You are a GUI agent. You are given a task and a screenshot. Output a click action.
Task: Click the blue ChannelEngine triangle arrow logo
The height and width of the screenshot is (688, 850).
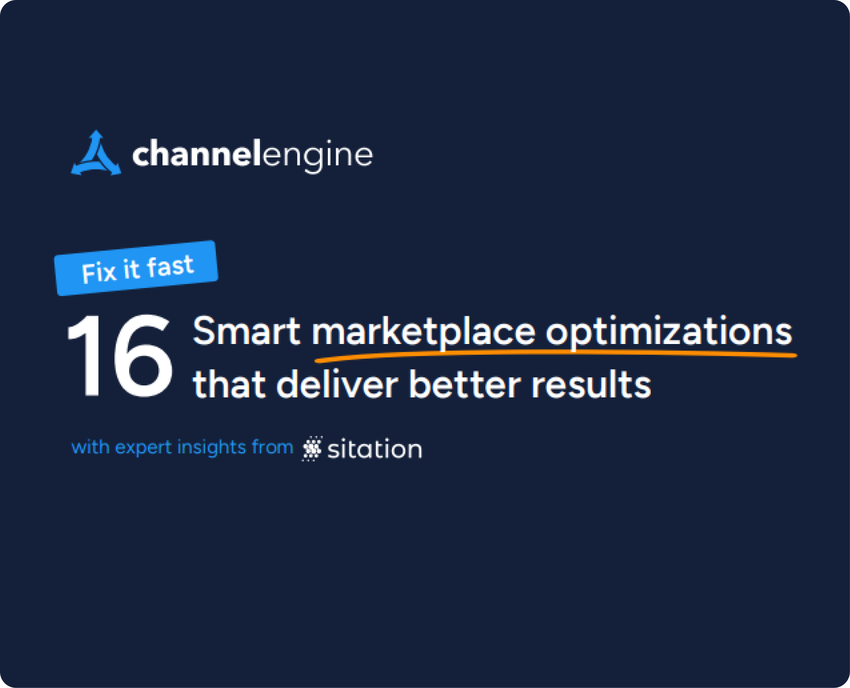pyautogui.click(x=96, y=155)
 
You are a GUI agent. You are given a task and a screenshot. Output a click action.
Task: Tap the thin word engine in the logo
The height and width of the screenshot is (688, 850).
pyautogui.click(x=317, y=156)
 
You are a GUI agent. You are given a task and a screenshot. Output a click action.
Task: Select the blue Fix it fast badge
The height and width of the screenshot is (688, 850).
pyautogui.click(x=136, y=268)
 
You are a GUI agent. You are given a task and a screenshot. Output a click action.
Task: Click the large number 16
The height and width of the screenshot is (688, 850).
pyautogui.click(x=120, y=356)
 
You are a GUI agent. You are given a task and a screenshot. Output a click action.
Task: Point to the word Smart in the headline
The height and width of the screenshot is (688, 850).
pyautogui.click(x=246, y=332)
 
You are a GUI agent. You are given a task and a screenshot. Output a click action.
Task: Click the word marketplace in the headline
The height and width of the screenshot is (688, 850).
pyautogui.click(x=424, y=333)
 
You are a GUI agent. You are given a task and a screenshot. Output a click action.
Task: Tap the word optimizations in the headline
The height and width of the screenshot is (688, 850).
pyautogui.click(x=668, y=333)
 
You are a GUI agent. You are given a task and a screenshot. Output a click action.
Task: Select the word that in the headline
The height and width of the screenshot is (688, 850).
pyautogui.click(x=229, y=385)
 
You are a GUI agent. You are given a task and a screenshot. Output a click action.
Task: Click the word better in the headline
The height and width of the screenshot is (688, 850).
pyautogui.click(x=465, y=385)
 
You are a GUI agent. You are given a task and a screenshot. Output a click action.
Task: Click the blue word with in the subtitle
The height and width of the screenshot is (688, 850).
pyautogui.click(x=90, y=447)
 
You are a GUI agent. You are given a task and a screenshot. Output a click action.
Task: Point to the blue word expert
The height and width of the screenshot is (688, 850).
pyautogui.click(x=143, y=448)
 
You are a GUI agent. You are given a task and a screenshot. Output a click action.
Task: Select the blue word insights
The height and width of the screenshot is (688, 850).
pyautogui.click(x=211, y=447)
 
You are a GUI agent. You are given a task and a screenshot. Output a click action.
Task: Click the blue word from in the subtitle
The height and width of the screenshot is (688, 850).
pyautogui.click(x=272, y=447)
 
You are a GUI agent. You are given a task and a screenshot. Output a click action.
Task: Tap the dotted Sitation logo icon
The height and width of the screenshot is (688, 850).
pyautogui.click(x=312, y=448)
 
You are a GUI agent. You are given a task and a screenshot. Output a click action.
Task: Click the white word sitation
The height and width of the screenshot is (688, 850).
pyautogui.click(x=374, y=449)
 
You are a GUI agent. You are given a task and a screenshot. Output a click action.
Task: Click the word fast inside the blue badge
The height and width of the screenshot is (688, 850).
pyautogui.click(x=171, y=266)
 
